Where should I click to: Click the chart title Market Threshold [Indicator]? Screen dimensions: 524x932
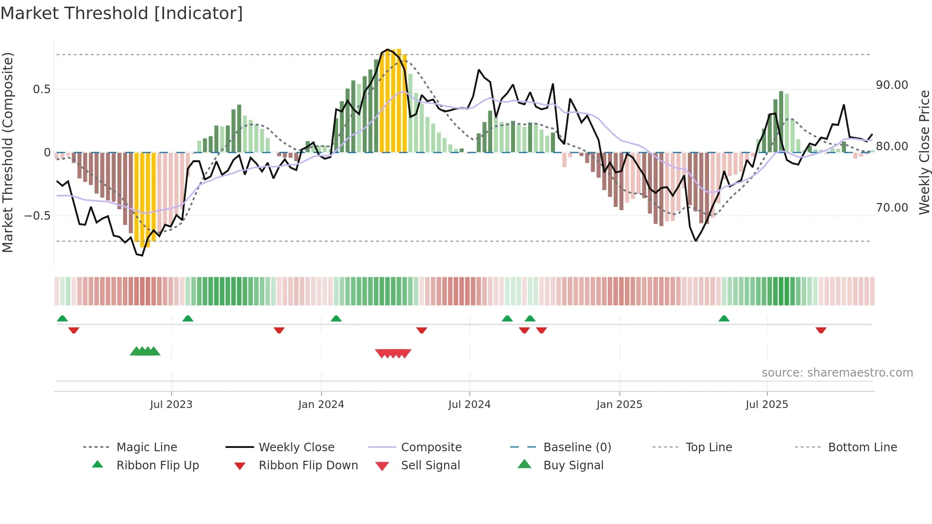point(122,13)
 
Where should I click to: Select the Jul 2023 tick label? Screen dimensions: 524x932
point(171,405)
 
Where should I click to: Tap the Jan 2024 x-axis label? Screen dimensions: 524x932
point(321,405)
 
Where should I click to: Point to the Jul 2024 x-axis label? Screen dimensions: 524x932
point(469,405)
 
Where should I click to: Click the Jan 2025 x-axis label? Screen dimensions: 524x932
point(619,405)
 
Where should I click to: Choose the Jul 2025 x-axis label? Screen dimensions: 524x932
point(767,405)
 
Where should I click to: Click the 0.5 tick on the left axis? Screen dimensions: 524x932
point(41,89)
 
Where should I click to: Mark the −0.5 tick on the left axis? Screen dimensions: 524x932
point(37,216)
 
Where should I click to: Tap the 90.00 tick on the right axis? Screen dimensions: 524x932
point(892,85)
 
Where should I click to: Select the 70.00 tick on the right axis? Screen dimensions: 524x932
point(892,208)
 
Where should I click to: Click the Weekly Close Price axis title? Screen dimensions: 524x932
point(924,152)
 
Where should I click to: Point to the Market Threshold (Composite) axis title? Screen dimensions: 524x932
point(8,152)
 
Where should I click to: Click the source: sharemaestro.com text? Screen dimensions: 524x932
point(837,373)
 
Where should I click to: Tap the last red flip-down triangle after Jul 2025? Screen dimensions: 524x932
point(821,330)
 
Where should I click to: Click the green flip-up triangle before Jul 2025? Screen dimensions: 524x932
point(724,319)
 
